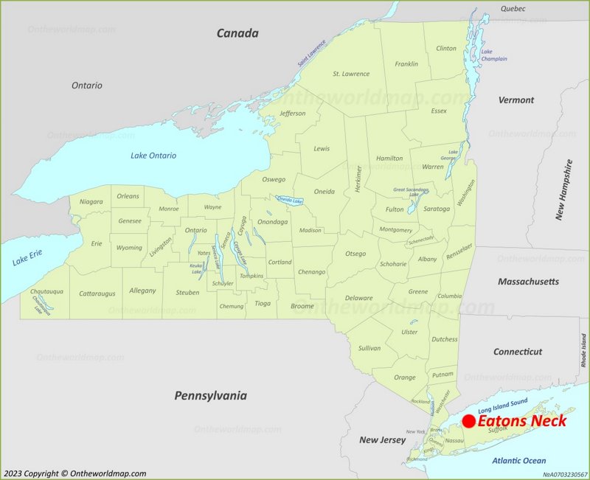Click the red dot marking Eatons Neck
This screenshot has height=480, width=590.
(468, 421)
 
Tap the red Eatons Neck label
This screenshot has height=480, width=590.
(522, 421)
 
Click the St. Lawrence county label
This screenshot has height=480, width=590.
(350, 74)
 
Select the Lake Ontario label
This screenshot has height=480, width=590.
(153, 155)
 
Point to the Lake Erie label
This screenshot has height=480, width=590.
(27, 258)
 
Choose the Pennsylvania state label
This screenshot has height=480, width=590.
(210, 396)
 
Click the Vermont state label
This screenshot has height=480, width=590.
(516, 100)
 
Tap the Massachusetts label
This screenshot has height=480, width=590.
(528, 282)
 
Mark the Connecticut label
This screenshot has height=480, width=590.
(517, 352)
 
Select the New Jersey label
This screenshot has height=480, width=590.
(382, 440)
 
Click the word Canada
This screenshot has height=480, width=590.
(237, 33)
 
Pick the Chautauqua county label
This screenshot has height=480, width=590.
(46, 292)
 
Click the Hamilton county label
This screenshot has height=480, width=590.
(389, 158)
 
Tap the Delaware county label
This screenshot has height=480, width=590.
(358, 298)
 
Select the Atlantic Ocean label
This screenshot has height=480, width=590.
(519, 461)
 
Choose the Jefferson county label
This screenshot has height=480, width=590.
(293, 114)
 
